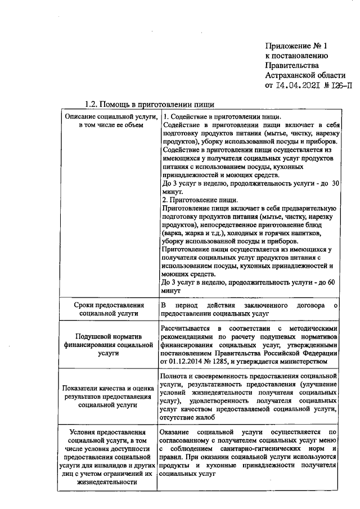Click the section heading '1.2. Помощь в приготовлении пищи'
(x=149, y=105)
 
